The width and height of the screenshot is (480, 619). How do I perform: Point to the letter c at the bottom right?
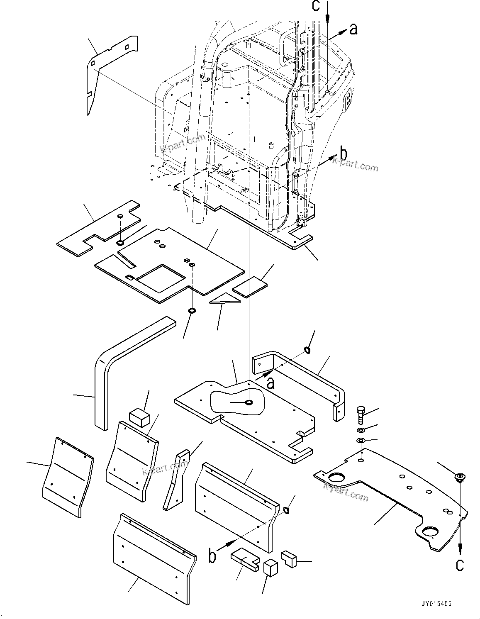460,565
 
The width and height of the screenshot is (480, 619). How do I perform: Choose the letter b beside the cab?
343,154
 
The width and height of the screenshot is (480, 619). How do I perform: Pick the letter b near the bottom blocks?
212,556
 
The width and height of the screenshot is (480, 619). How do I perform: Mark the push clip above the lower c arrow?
460,478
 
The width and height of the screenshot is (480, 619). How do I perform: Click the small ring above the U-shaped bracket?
308,351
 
